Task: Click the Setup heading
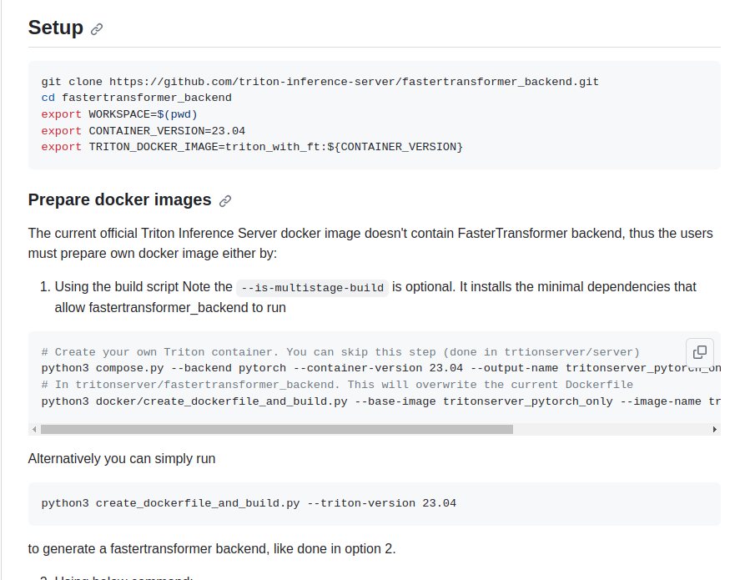tap(55, 28)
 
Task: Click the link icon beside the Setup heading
tap(97, 29)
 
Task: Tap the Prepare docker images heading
tap(119, 200)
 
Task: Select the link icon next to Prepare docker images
tap(225, 201)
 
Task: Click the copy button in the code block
tap(700, 351)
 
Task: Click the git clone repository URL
tap(354, 82)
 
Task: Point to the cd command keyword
tap(48, 98)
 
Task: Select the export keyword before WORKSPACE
tap(61, 114)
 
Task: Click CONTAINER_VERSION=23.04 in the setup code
tap(167, 131)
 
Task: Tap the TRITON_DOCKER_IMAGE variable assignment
tap(275, 147)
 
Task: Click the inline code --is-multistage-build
tap(312, 288)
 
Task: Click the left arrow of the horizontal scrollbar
tap(34, 429)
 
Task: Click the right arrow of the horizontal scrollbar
tap(715, 429)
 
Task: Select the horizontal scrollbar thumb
tap(276, 429)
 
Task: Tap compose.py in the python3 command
tap(123, 368)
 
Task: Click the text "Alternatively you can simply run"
tap(122, 458)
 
